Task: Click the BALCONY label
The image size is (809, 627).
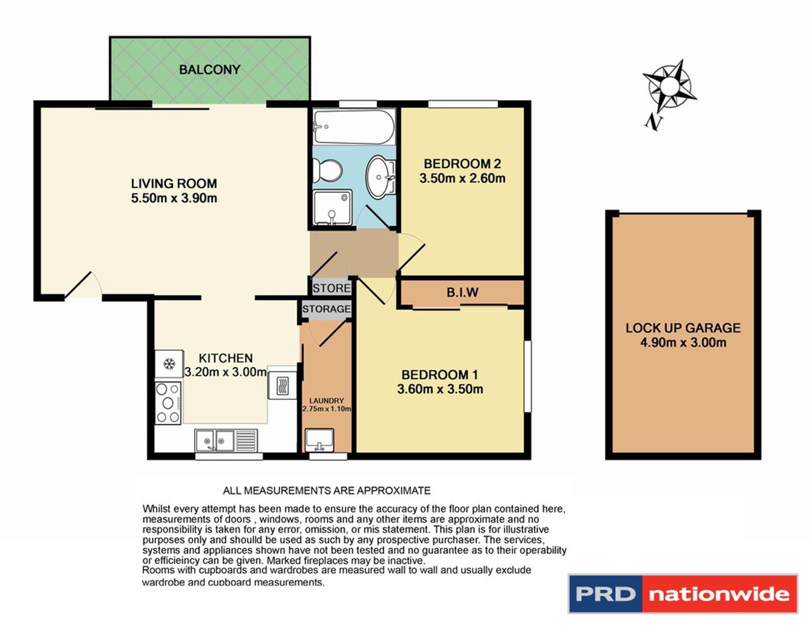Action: click(209, 69)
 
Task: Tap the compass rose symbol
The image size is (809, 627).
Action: click(669, 87)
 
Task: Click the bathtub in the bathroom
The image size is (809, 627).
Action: click(353, 127)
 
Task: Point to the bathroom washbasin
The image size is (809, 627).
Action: click(380, 176)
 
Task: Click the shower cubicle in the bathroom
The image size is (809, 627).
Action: click(332, 207)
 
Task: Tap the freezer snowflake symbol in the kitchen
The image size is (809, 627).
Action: click(168, 364)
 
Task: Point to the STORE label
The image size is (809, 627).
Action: click(331, 288)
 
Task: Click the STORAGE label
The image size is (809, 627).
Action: click(326, 309)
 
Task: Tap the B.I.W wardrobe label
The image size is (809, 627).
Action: click(462, 292)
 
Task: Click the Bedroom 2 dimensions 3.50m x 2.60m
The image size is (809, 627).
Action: click(462, 178)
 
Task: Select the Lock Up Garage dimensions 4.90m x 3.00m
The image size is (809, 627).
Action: click(683, 342)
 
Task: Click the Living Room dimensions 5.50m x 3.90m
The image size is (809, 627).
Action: click(174, 198)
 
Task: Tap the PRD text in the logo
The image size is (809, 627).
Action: click(605, 594)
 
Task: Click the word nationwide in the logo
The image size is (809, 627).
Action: click(718, 594)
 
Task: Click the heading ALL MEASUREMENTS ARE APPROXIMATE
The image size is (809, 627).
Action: click(327, 490)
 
